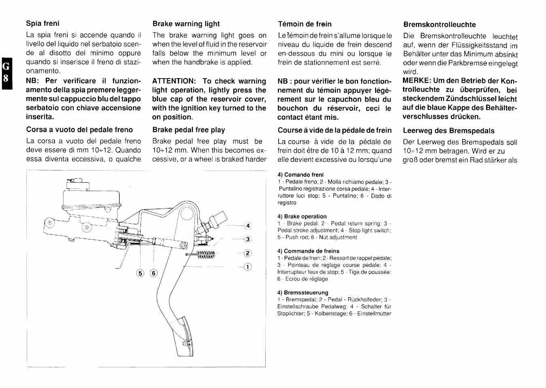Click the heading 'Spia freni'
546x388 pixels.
click(x=43, y=23)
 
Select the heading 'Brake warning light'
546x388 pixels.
click(x=186, y=24)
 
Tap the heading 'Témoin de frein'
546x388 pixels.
click(x=305, y=24)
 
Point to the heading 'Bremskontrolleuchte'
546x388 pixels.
click(x=439, y=25)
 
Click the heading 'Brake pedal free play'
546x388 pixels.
click(x=188, y=130)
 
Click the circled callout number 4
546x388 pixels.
click(x=248, y=226)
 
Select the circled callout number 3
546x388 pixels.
click(x=248, y=239)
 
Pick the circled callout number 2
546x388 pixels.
click(x=248, y=254)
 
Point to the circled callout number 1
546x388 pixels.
click(x=248, y=267)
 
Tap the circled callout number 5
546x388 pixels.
click(x=141, y=273)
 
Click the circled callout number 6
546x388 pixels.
click(x=154, y=273)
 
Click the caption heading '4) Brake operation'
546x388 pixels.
click(x=302, y=217)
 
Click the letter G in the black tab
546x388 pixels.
click(x=6, y=66)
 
